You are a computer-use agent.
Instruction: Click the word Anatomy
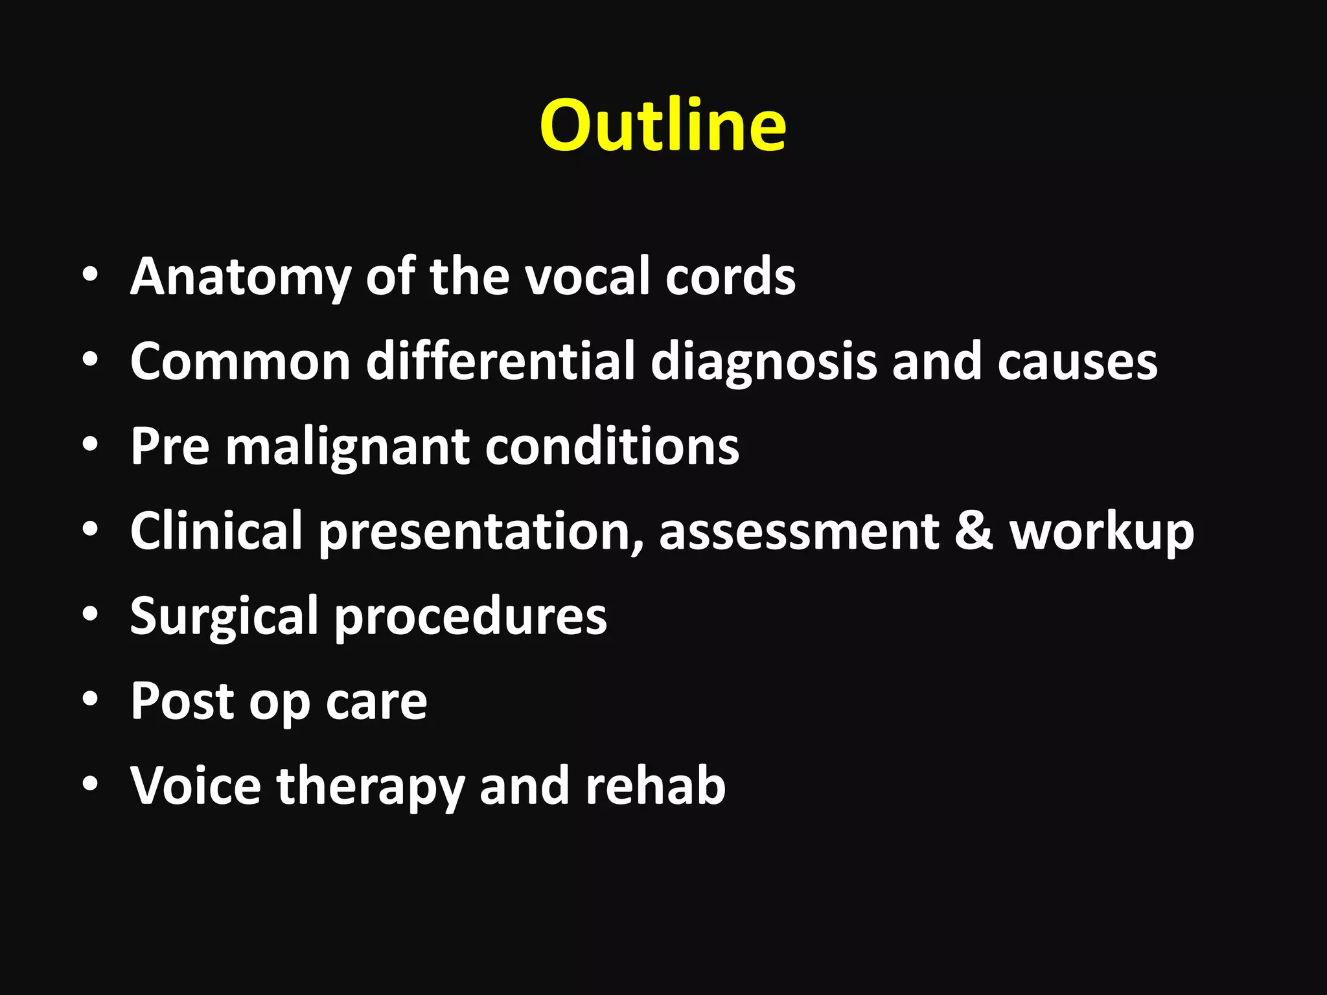tap(240, 277)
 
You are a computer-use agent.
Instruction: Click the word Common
tap(240, 361)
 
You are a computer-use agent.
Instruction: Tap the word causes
tap(1077, 361)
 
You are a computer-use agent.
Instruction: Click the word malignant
tap(347, 447)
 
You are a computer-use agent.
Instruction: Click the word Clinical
tap(216, 531)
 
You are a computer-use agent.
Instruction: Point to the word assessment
tap(799, 531)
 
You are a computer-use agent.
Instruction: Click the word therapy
tap(371, 786)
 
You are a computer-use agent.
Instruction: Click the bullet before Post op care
tap(90, 700)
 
